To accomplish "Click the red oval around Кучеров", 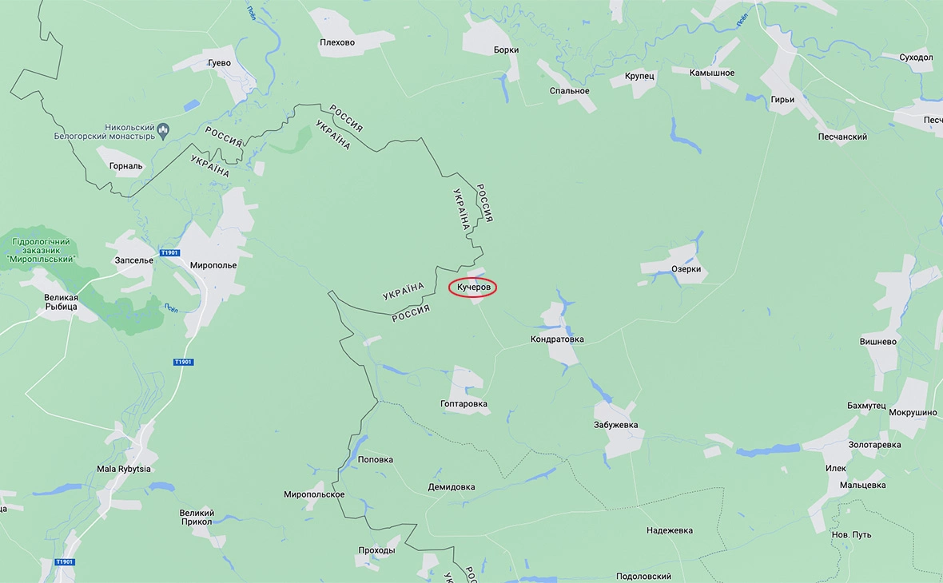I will click(x=472, y=288).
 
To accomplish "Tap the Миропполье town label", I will click(x=213, y=265).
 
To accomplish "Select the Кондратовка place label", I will click(x=557, y=339).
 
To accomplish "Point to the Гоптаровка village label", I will click(x=464, y=404).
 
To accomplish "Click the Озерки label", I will click(x=686, y=269).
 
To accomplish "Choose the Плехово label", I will click(x=336, y=42).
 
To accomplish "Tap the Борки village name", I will click(x=506, y=50).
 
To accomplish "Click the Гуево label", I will click(x=218, y=63).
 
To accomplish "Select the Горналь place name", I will click(x=125, y=166).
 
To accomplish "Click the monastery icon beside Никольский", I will click(x=163, y=128).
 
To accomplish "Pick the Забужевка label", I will click(x=615, y=425).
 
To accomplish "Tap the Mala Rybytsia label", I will click(x=124, y=469).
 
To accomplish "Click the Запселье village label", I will click(x=134, y=260).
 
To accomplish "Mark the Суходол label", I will click(x=916, y=58).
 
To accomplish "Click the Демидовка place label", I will click(x=452, y=487).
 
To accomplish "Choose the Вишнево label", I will click(x=878, y=341).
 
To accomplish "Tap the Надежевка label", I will click(x=670, y=530).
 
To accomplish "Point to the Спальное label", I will click(x=569, y=90).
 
